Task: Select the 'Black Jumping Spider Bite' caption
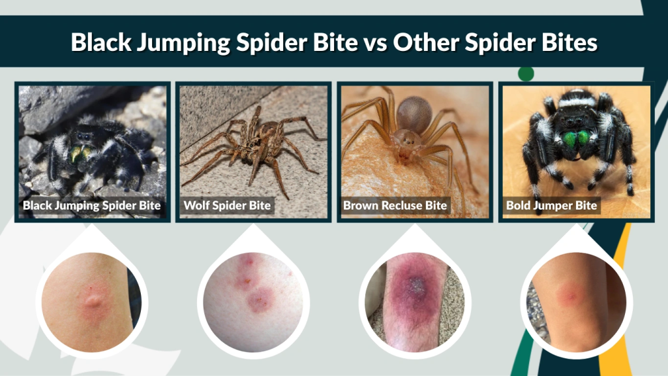pyautogui.click(x=91, y=206)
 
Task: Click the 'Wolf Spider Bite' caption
pyautogui.click(x=227, y=206)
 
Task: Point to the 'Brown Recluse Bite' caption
pyautogui.click(x=395, y=206)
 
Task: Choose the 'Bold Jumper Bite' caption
pyautogui.click(x=551, y=206)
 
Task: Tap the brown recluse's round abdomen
pyautogui.click(x=414, y=115)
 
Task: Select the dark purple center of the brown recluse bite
pyautogui.click(x=415, y=285)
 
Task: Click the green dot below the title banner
pyautogui.click(x=526, y=73)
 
